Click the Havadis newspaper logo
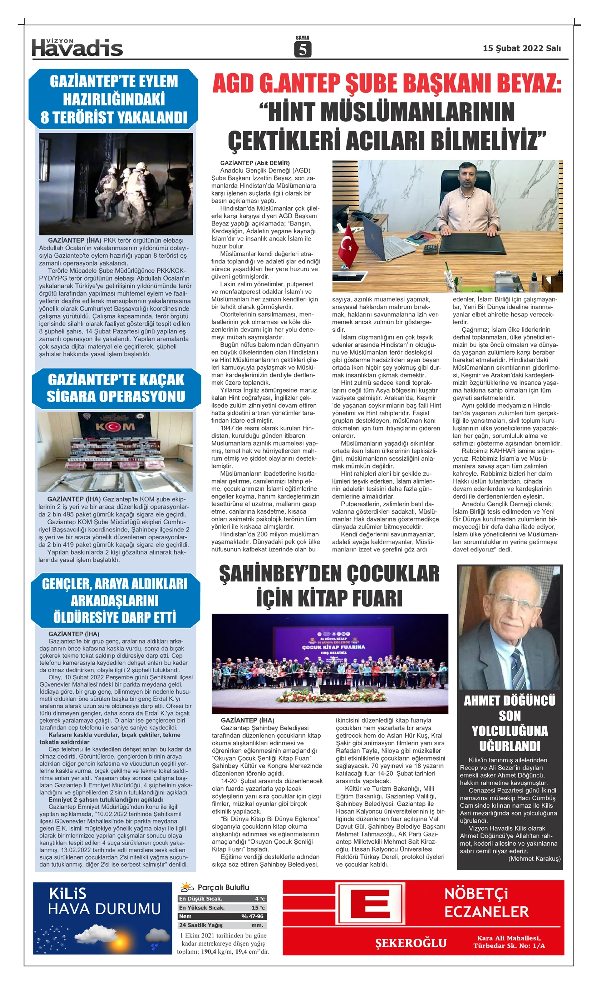point(77,48)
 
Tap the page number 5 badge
point(302,49)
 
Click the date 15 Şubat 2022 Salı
point(521,48)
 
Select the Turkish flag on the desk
point(348,249)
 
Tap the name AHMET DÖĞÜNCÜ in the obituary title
point(509,700)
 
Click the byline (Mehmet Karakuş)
point(534,859)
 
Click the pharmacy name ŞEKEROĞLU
point(411,943)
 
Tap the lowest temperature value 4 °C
point(260,899)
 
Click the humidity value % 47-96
point(252,916)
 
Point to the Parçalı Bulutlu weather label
point(223,887)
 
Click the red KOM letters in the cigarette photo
point(115,427)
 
